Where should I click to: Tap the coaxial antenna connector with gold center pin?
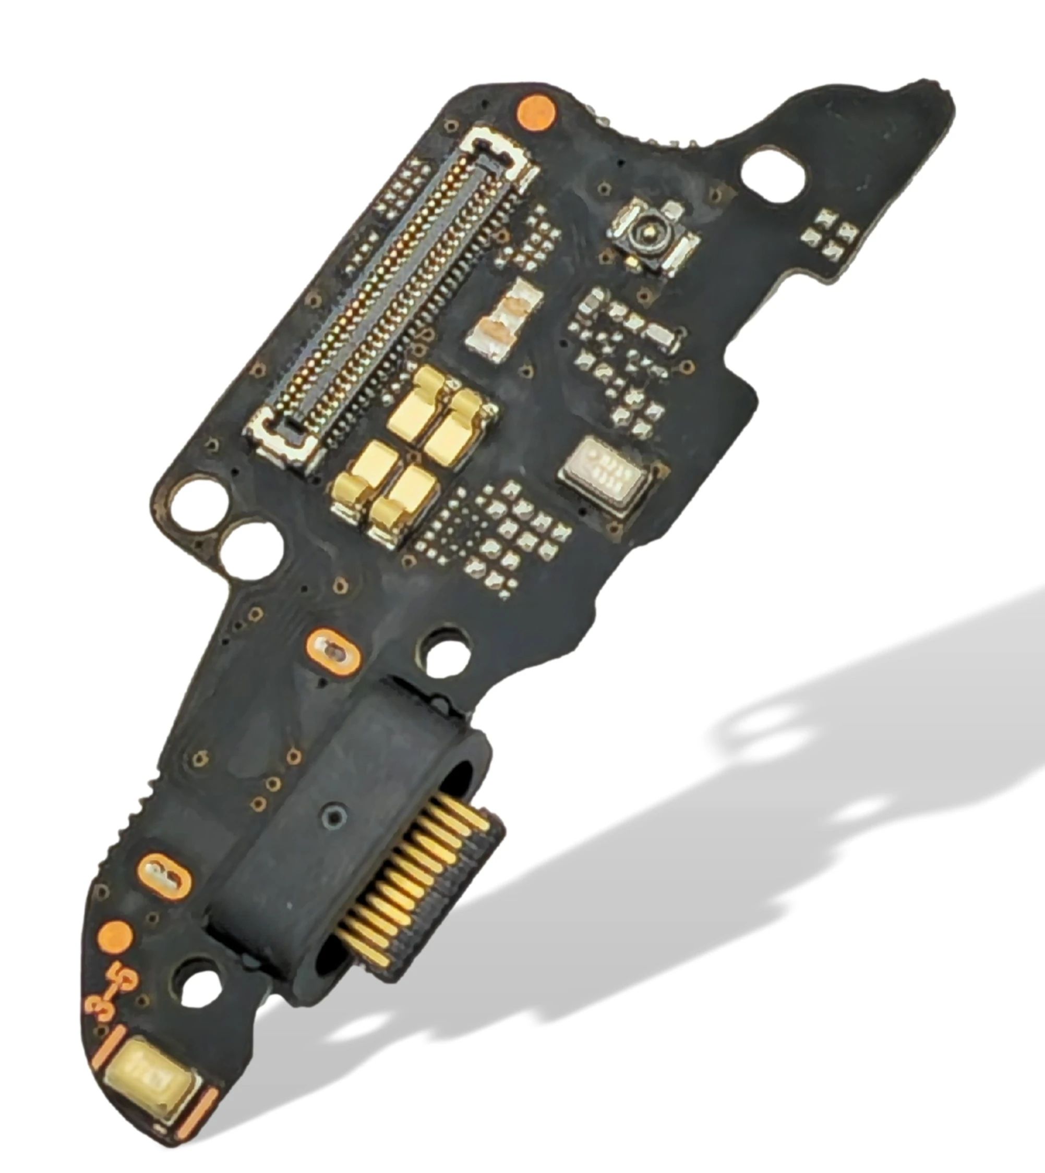click(x=650, y=234)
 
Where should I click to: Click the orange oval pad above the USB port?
click(x=334, y=650)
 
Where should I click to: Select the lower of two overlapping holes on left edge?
click(x=250, y=547)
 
